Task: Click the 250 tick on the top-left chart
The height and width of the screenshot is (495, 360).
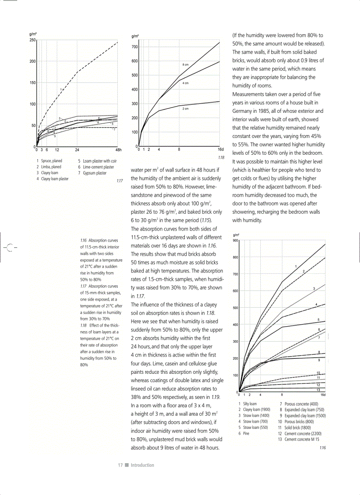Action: click(x=33, y=40)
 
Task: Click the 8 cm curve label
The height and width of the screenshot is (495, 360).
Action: click(x=186, y=65)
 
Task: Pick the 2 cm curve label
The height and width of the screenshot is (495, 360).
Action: click(x=186, y=108)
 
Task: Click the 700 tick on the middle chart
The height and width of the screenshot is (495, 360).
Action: click(x=135, y=47)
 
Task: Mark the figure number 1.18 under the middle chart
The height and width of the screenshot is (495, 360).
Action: click(x=221, y=156)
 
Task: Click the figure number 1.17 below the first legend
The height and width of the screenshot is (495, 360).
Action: click(x=119, y=181)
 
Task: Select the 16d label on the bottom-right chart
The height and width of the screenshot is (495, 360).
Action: click(x=323, y=395)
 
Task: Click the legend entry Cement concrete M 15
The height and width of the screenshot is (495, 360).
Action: click(x=302, y=439)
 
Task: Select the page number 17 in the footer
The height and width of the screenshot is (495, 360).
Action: click(x=120, y=465)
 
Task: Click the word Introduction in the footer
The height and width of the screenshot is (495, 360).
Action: click(x=142, y=465)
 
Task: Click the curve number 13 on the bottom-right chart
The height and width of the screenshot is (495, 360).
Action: click(x=318, y=390)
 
